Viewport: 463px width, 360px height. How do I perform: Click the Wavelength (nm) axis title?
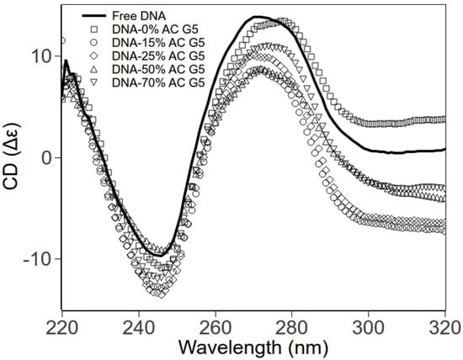tap(253, 346)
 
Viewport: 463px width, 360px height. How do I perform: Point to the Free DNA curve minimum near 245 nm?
tap(157, 255)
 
